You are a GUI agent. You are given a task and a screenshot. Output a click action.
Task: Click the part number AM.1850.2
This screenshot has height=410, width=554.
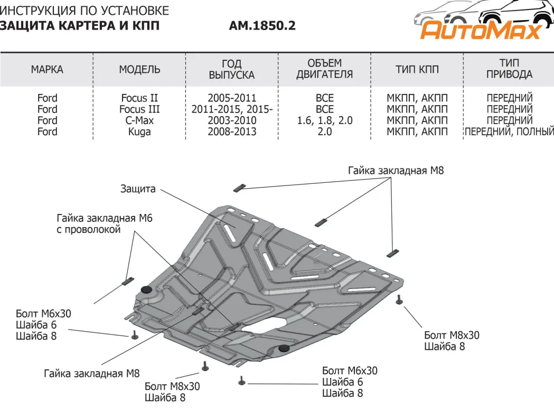pos(262,25)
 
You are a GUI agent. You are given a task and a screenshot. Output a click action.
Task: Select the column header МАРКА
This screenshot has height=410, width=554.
pos(47,70)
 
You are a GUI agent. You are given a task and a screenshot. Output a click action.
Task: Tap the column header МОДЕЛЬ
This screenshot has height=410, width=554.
pos(139,70)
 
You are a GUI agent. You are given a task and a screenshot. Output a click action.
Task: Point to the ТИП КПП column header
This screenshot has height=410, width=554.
pos(417,70)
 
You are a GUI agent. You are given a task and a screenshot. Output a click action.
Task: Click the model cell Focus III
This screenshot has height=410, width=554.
pos(139,109)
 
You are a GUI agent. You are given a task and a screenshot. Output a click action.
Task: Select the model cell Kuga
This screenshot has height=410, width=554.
pos(139,132)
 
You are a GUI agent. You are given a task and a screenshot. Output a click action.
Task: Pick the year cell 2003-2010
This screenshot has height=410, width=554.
pos(232,120)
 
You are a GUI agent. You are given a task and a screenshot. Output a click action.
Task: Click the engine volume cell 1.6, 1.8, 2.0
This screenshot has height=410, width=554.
pos(324,120)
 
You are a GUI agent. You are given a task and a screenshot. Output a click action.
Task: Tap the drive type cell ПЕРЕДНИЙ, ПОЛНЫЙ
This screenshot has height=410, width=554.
pos(509,132)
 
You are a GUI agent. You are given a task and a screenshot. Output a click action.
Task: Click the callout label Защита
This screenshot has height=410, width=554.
pos(138,189)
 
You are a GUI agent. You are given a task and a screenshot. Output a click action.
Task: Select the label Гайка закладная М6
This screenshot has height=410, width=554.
pos(104,218)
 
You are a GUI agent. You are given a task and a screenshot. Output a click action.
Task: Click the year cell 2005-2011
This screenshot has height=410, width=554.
pos(232,98)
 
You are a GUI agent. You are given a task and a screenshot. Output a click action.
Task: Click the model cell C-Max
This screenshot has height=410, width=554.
pos(139,120)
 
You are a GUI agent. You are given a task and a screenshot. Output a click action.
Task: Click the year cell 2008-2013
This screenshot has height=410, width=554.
pos(232,132)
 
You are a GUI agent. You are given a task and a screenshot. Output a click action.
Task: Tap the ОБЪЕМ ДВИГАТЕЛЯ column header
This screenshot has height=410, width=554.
pos(324,69)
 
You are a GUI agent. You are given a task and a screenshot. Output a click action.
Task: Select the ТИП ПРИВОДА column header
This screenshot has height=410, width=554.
pos(509,69)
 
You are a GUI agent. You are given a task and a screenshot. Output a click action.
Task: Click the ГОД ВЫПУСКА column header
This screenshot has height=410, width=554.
pos(232,69)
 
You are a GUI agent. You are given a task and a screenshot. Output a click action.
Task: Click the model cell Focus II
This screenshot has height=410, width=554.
pos(139,98)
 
